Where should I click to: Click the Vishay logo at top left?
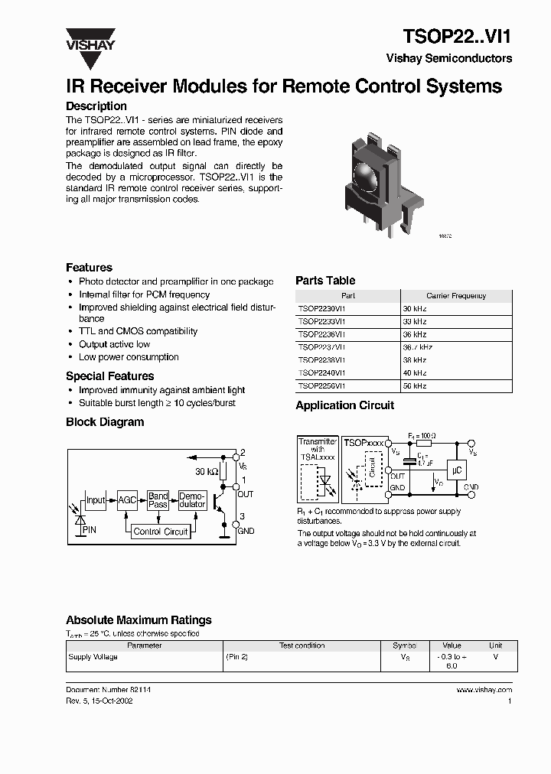90,39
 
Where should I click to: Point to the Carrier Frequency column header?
455,295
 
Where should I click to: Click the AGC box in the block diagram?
127,500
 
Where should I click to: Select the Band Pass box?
158,500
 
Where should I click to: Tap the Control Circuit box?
160,532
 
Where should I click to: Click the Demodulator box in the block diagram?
192,500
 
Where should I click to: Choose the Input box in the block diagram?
96,500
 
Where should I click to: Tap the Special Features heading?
109,376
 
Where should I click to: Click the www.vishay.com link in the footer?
484,690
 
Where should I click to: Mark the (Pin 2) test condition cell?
236,657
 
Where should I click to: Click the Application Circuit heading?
344,405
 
